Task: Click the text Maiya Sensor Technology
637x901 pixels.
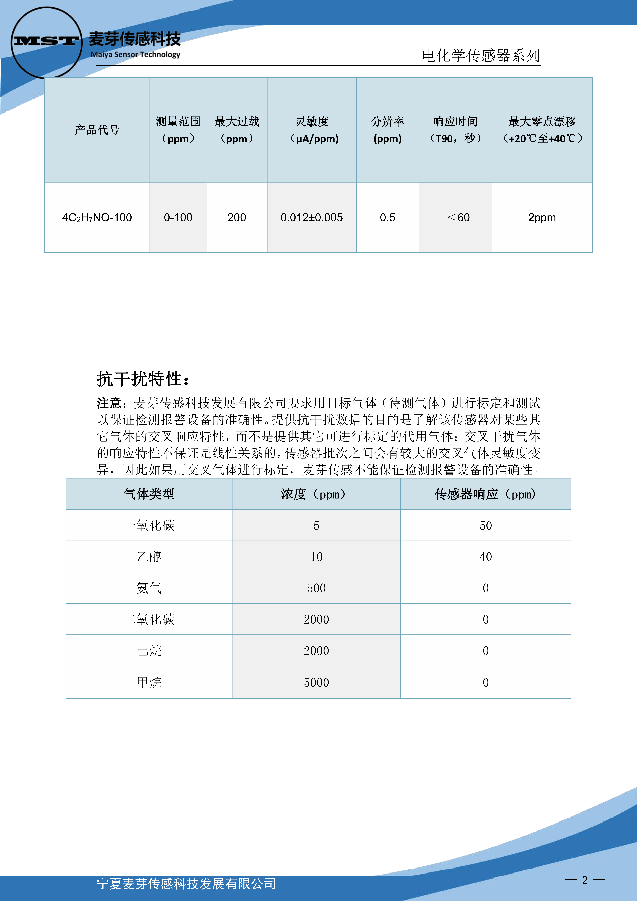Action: (x=135, y=55)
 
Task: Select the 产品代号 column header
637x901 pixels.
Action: (x=97, y=129)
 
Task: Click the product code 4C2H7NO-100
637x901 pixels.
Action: (x=97, y=217)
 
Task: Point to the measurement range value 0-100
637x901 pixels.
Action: (x=178, y=217)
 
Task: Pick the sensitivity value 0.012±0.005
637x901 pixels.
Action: (x=312, y=217)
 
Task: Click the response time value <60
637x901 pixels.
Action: (x=458, y=217)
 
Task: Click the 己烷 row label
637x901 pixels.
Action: (x=149, y=651)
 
